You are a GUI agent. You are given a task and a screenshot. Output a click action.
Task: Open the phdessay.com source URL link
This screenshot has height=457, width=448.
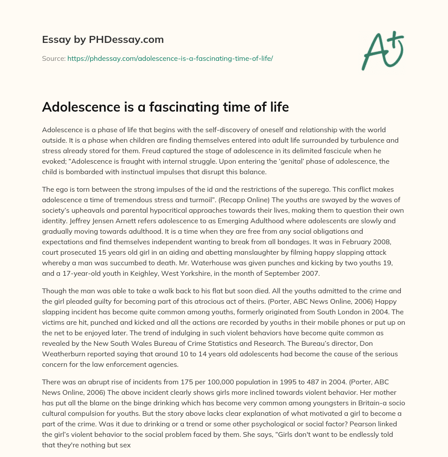tap(170, 58)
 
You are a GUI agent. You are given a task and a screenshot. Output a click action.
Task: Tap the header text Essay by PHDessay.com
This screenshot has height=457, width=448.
tap(103, 40)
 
